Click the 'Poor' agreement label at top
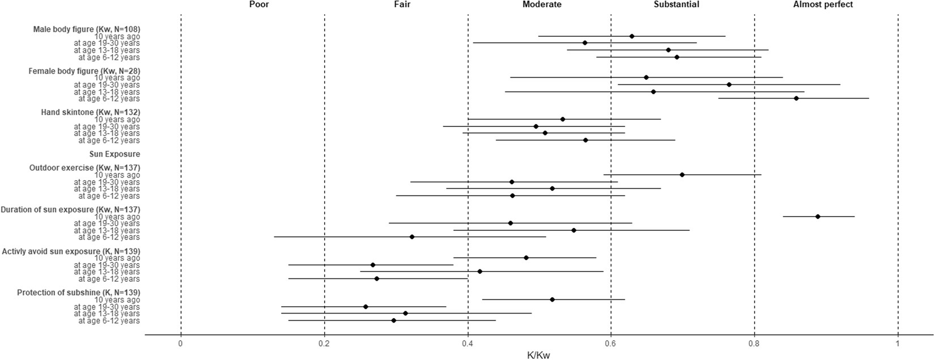(259, 5)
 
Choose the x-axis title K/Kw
(538, 355)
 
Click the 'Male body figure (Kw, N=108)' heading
(87, 29)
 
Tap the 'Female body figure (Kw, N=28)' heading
(84, 71)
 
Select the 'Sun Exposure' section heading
(114, 154)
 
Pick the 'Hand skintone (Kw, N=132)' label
(91, 112)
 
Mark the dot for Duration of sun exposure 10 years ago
(818, 217)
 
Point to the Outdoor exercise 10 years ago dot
(682, 175)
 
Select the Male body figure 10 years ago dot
(632, 36)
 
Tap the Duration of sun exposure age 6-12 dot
(412, 237)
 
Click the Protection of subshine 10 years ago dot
(552, 299)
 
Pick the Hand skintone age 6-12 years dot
(585, 140)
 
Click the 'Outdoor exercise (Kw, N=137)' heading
(84, 168)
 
